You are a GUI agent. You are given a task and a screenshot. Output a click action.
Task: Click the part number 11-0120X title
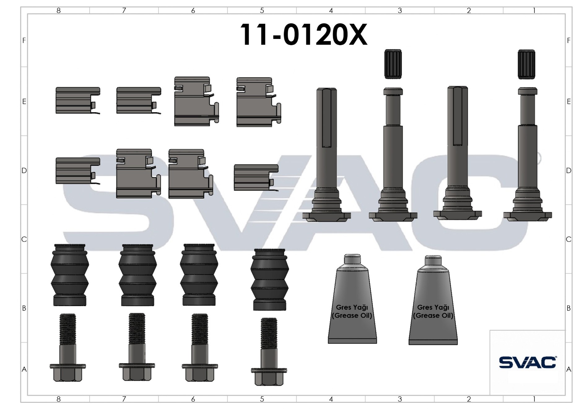[303, 35]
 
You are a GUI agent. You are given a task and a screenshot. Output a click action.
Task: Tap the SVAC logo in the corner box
[527, 362]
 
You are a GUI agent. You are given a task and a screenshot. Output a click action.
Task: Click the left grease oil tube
[352, 299]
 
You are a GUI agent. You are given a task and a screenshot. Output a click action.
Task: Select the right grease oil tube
[433, 300]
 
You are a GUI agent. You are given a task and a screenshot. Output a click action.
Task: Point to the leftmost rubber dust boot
[70, 275]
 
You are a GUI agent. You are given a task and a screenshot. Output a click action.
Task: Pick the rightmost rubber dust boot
[269, 279]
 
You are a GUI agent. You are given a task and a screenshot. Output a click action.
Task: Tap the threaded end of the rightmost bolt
[269, 333]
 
